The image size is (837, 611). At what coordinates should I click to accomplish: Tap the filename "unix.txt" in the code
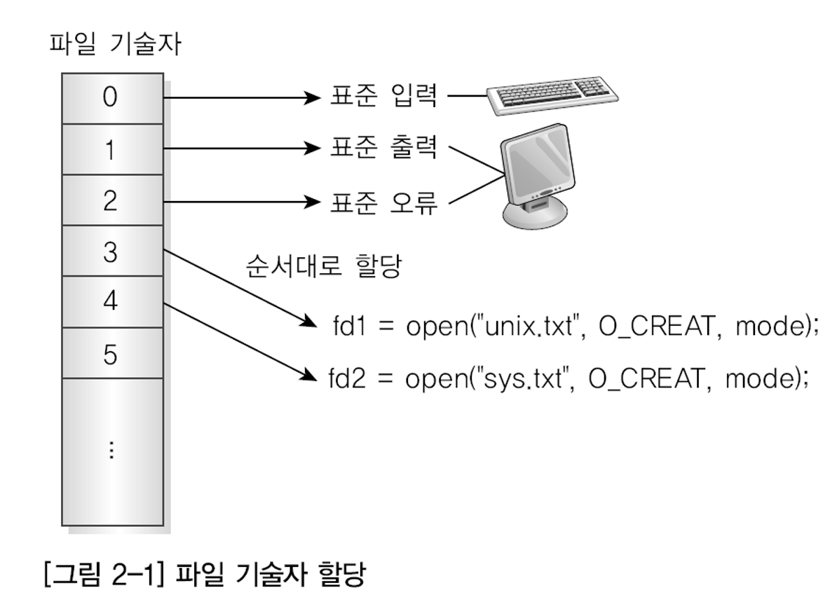coord(518,327)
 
